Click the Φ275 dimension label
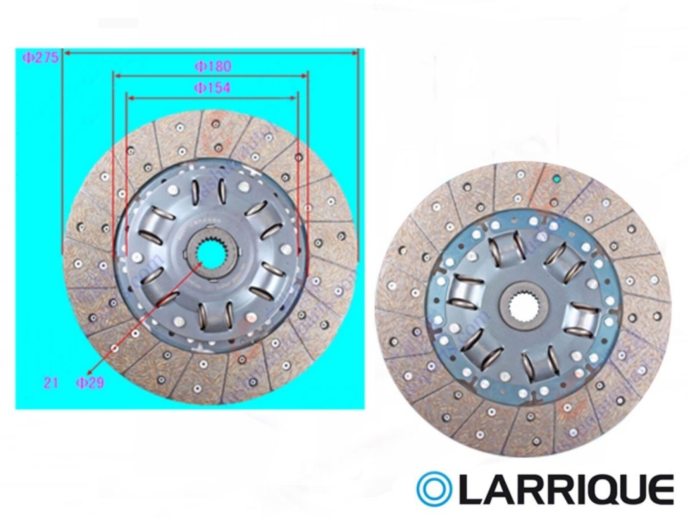coord(40,58)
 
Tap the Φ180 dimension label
coord(213,66)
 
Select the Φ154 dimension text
coord(212,88)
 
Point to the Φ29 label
coord(90,382)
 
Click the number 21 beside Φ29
coord(51,382)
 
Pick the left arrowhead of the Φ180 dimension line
coord(116,76)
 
